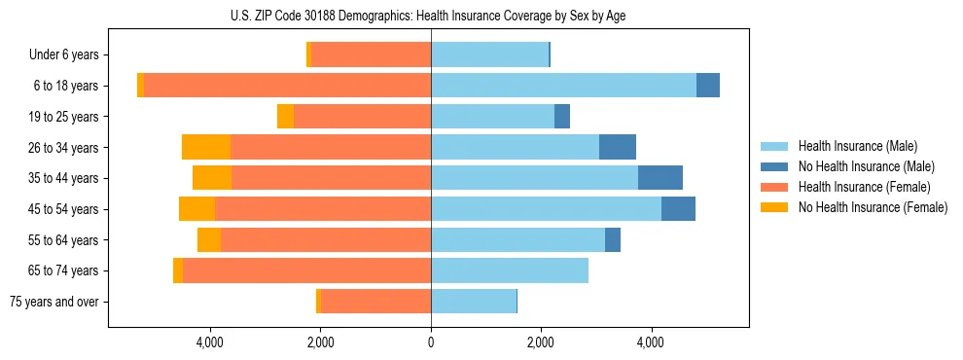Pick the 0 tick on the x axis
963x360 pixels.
coord(431,342)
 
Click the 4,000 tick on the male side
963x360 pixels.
coord(651,342)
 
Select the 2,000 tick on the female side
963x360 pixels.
coord(321,342)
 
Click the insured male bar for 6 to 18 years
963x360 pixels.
coord(563,86)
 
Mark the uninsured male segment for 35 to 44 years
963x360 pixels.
coord(660,178)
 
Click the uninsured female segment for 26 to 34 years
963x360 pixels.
coord(206,147)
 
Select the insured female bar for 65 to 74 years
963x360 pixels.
coord(306,270)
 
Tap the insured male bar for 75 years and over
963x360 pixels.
coord(474,302)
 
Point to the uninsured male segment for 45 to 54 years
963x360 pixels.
coord(678,209)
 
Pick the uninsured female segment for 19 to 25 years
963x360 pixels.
coord(285,117)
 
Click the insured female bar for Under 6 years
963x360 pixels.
coord(371,55)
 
